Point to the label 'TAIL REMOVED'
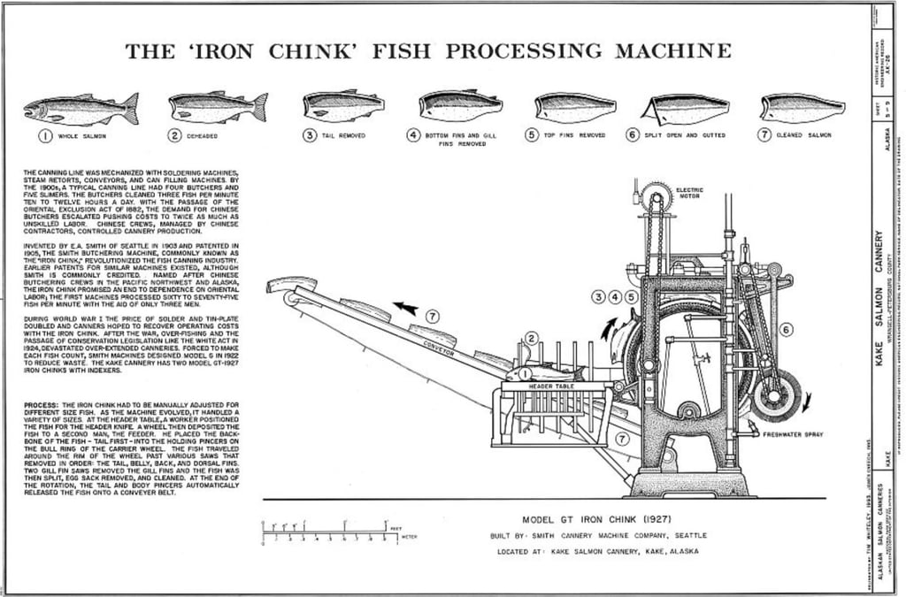click(x=345, y=135)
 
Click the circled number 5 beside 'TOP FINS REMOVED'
click(x=531, y=135)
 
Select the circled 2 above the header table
click(x=531, y=337)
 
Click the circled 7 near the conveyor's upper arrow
click(x=432, y=316)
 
